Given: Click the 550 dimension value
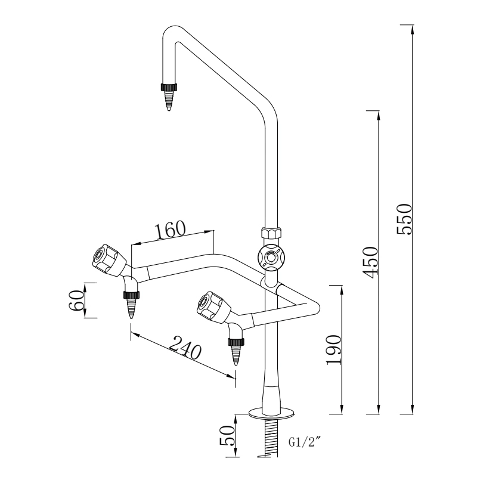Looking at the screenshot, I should tap(405, 219).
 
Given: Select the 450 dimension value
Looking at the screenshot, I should tap(370, 262).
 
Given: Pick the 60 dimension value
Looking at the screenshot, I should tap(76, 301).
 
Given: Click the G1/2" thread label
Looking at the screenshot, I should tap(305, 442).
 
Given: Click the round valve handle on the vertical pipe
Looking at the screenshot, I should tap(271, 258).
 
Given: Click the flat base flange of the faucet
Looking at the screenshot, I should tap(272, 411).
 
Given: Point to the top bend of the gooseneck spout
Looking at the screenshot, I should tap(172, 31).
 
